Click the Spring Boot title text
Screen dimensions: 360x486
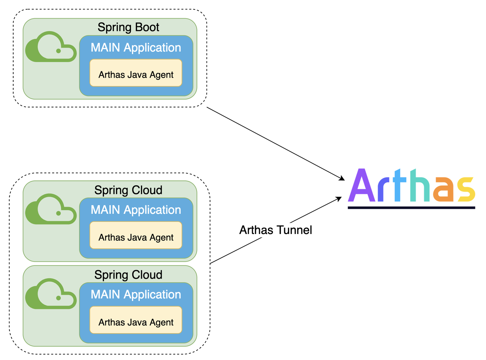coord(128,27)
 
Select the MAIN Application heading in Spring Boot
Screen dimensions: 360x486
coord(136,48)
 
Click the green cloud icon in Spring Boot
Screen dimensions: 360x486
coord(51,47)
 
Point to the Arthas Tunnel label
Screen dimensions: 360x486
coord(275,230)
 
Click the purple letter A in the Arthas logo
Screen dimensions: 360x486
coord(361,185)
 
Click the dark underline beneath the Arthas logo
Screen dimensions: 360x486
coord(411,208)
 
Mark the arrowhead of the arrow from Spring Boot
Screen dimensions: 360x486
coord(342,179)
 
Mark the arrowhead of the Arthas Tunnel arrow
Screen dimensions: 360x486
coord(339,199)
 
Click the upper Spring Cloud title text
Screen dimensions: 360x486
coord(128,190)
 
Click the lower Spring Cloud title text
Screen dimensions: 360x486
coord(128,275)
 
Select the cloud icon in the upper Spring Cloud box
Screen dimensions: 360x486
coord(51,209)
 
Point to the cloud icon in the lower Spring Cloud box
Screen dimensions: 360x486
coord(51,294)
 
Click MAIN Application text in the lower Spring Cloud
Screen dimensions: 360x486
coord(136,294)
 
